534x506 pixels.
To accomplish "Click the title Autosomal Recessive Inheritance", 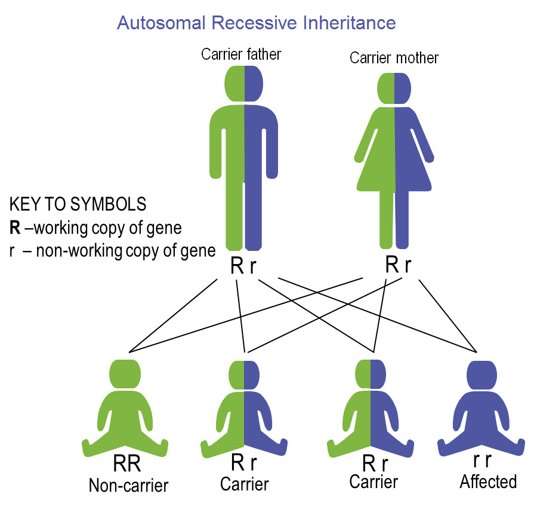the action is pyautogui.click(x=257, y=23).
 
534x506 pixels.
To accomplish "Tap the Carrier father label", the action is pyautogui.click(x=241, y=54).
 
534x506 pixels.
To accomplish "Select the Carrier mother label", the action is pyautogui.click(x=394, y=58).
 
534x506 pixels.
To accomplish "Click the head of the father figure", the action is pyautogui.click(x=244, y=84).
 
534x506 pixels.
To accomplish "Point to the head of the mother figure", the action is pyautogui.click(x=394, y=88).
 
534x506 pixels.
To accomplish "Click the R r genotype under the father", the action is pyautogui.click(x=243, y=266).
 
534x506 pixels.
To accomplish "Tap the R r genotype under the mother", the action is pyautogui.click(x=398, y=265).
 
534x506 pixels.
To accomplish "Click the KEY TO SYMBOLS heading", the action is pyautogui.click(x=78, y=204).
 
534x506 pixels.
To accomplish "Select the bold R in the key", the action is pyautogui.click(x=15, y=228).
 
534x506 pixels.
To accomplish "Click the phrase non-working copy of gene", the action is pyautogui.click(x=126, y=252).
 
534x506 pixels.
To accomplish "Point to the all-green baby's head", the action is pyautogui.click(x=125, y=374).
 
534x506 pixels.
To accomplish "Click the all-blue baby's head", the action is pyautogui.click(x=481, y=375).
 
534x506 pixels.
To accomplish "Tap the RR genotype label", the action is pyautogui.click(x=126, y=464).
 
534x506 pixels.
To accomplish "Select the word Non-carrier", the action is pyautogui.click(x=128, y=486).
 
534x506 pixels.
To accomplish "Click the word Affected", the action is pyautogui.click(x=489, y=482).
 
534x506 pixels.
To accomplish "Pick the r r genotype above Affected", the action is pyautogui.click(x=482, y=460).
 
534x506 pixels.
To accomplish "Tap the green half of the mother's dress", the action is pyautogui.click(x=376, y=150).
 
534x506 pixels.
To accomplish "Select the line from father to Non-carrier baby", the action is pyautogui.click(x=173, y=316).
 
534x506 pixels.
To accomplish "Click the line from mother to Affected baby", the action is pyautogui.click(x=448, y=317).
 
